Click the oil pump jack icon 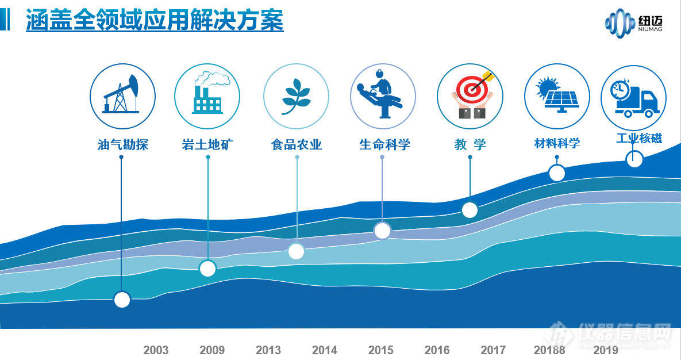coord(122,95)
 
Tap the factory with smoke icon coord(207,95)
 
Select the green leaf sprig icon coord(296,96)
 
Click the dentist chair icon coord(382,95)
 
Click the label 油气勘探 coord(122,144)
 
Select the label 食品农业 coord(296,144)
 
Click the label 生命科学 coord(384,144)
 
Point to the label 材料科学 coord(557,143)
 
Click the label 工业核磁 coord(638,138)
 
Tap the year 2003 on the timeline coord(156,350)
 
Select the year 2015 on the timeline coord(380,350)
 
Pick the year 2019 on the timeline coord(606,350)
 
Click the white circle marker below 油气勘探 coord(122,300)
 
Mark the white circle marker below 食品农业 coord(296,251)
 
